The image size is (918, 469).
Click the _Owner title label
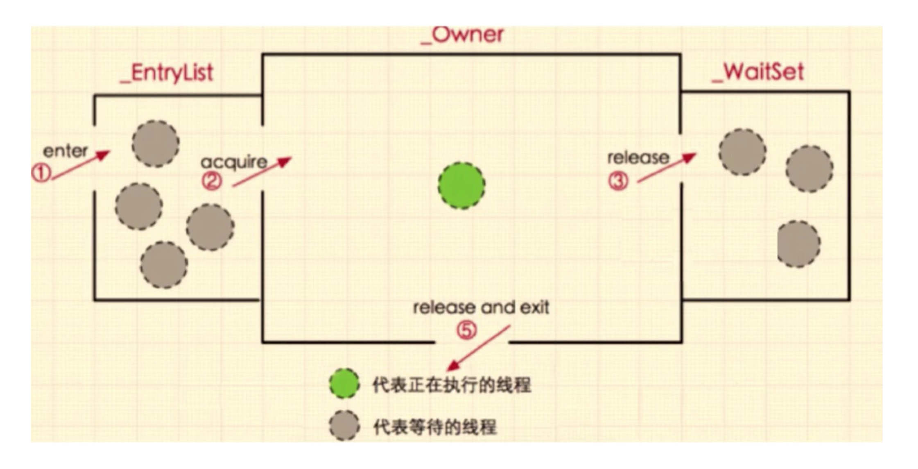click(462, 35)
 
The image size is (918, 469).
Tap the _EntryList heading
click(167, 73)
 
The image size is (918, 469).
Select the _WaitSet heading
click(758, 73)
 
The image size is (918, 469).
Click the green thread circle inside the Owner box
click(461, 186)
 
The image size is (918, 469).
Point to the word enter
click(65, 151)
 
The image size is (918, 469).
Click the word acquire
click(234, 162)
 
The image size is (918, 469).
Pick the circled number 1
click(41, 173)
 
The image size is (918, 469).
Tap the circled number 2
click(212, 181)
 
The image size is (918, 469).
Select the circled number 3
click(618, 181)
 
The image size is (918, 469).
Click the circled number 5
click(466, 330)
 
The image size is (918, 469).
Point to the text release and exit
click(481, 307)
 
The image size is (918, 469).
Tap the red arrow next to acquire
click(262, 172)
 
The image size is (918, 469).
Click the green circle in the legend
click(344, 384)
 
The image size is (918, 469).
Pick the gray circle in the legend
click(344, 426)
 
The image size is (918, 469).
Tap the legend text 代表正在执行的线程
click(451, 385)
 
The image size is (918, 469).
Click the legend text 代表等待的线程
click(435, 427)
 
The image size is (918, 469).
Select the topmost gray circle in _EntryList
click(155, 144)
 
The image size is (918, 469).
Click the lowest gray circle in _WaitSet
click(798, 244)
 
